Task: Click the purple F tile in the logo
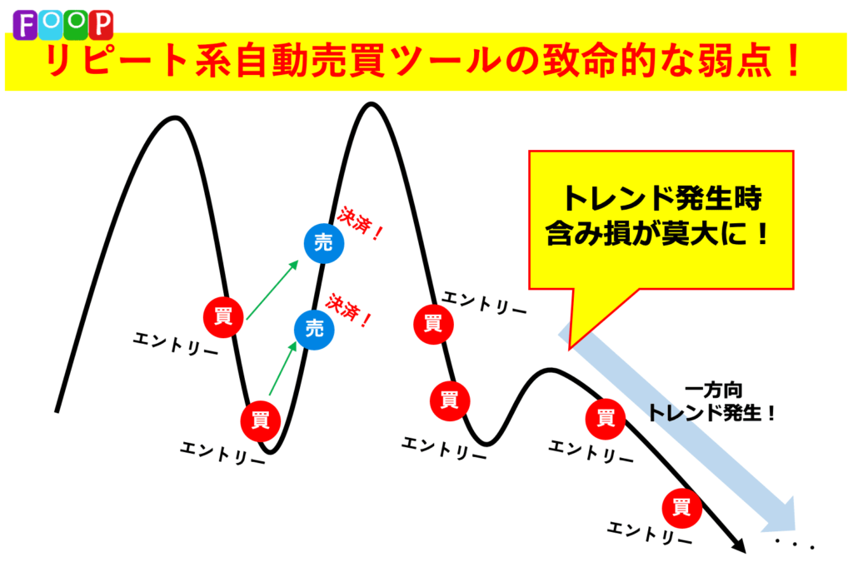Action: pyautogui.click(x=25, y=25)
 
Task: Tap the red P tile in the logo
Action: pyautogui.click(x=101, y=25)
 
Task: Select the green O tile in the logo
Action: pyautogui.click(x=76, y=25)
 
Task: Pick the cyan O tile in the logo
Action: pyautogui.click(x=51, y=25)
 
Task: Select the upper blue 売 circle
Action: pyautogui.click(x=324, y=243)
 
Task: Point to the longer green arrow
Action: pyautogui.click(x=272, y=290)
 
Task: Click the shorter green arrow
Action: pyautogui.click(x=283, y=368)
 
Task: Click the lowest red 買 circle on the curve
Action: pyautogui.click(x=681, y=508)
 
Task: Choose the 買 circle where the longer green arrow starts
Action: pyautogui.click(x=223, y=317)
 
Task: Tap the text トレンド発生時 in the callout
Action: pyautogui.click(x=661, y=198)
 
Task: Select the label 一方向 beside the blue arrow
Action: pyautogui.click(x=713, y=390)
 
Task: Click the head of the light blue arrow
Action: pyautogui.click(x=781, y=514)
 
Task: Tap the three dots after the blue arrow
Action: pyautogui.click(x=795, y=544)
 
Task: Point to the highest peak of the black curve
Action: pyautogui.click(x=371, y=104)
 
